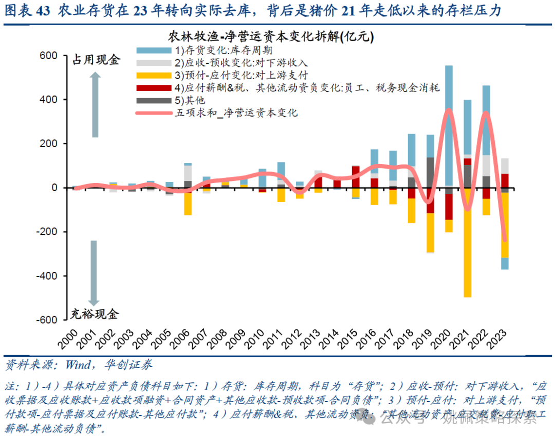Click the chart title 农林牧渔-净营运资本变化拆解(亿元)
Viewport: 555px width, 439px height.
pyautogui.click(x=271, y=37)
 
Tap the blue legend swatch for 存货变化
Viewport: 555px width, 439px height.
pyautogui.click(x=154, y=50)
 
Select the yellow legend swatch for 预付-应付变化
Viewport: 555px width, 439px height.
pyautogui.click(x=154, y=76)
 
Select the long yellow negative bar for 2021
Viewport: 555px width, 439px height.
pyautogui.click(x=467, y=242)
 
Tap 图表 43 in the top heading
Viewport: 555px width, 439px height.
pyautogui.click(x=28, y=10)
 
